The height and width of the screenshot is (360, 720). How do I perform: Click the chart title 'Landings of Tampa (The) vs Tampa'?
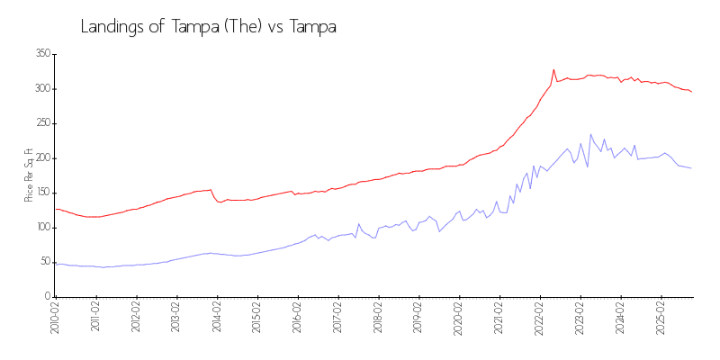pos(209,27)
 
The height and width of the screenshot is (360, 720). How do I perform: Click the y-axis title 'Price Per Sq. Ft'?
pos(29,175)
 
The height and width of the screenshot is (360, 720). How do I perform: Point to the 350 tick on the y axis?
pos(41,54)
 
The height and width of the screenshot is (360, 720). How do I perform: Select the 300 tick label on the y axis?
pos(41,89)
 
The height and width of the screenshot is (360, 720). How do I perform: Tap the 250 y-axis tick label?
pos(41,123)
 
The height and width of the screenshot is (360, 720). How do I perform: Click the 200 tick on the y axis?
pos(41,158)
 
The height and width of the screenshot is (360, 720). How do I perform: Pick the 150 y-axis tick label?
pos(41,193)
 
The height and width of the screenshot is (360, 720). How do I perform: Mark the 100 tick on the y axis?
pos(41,228)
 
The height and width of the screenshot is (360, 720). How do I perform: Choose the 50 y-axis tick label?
pos(43,262)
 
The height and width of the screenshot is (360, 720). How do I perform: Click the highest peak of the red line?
pos(553,69)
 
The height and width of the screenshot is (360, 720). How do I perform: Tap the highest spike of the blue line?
pos(591,134)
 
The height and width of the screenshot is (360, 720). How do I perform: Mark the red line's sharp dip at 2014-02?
pos(220,202)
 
